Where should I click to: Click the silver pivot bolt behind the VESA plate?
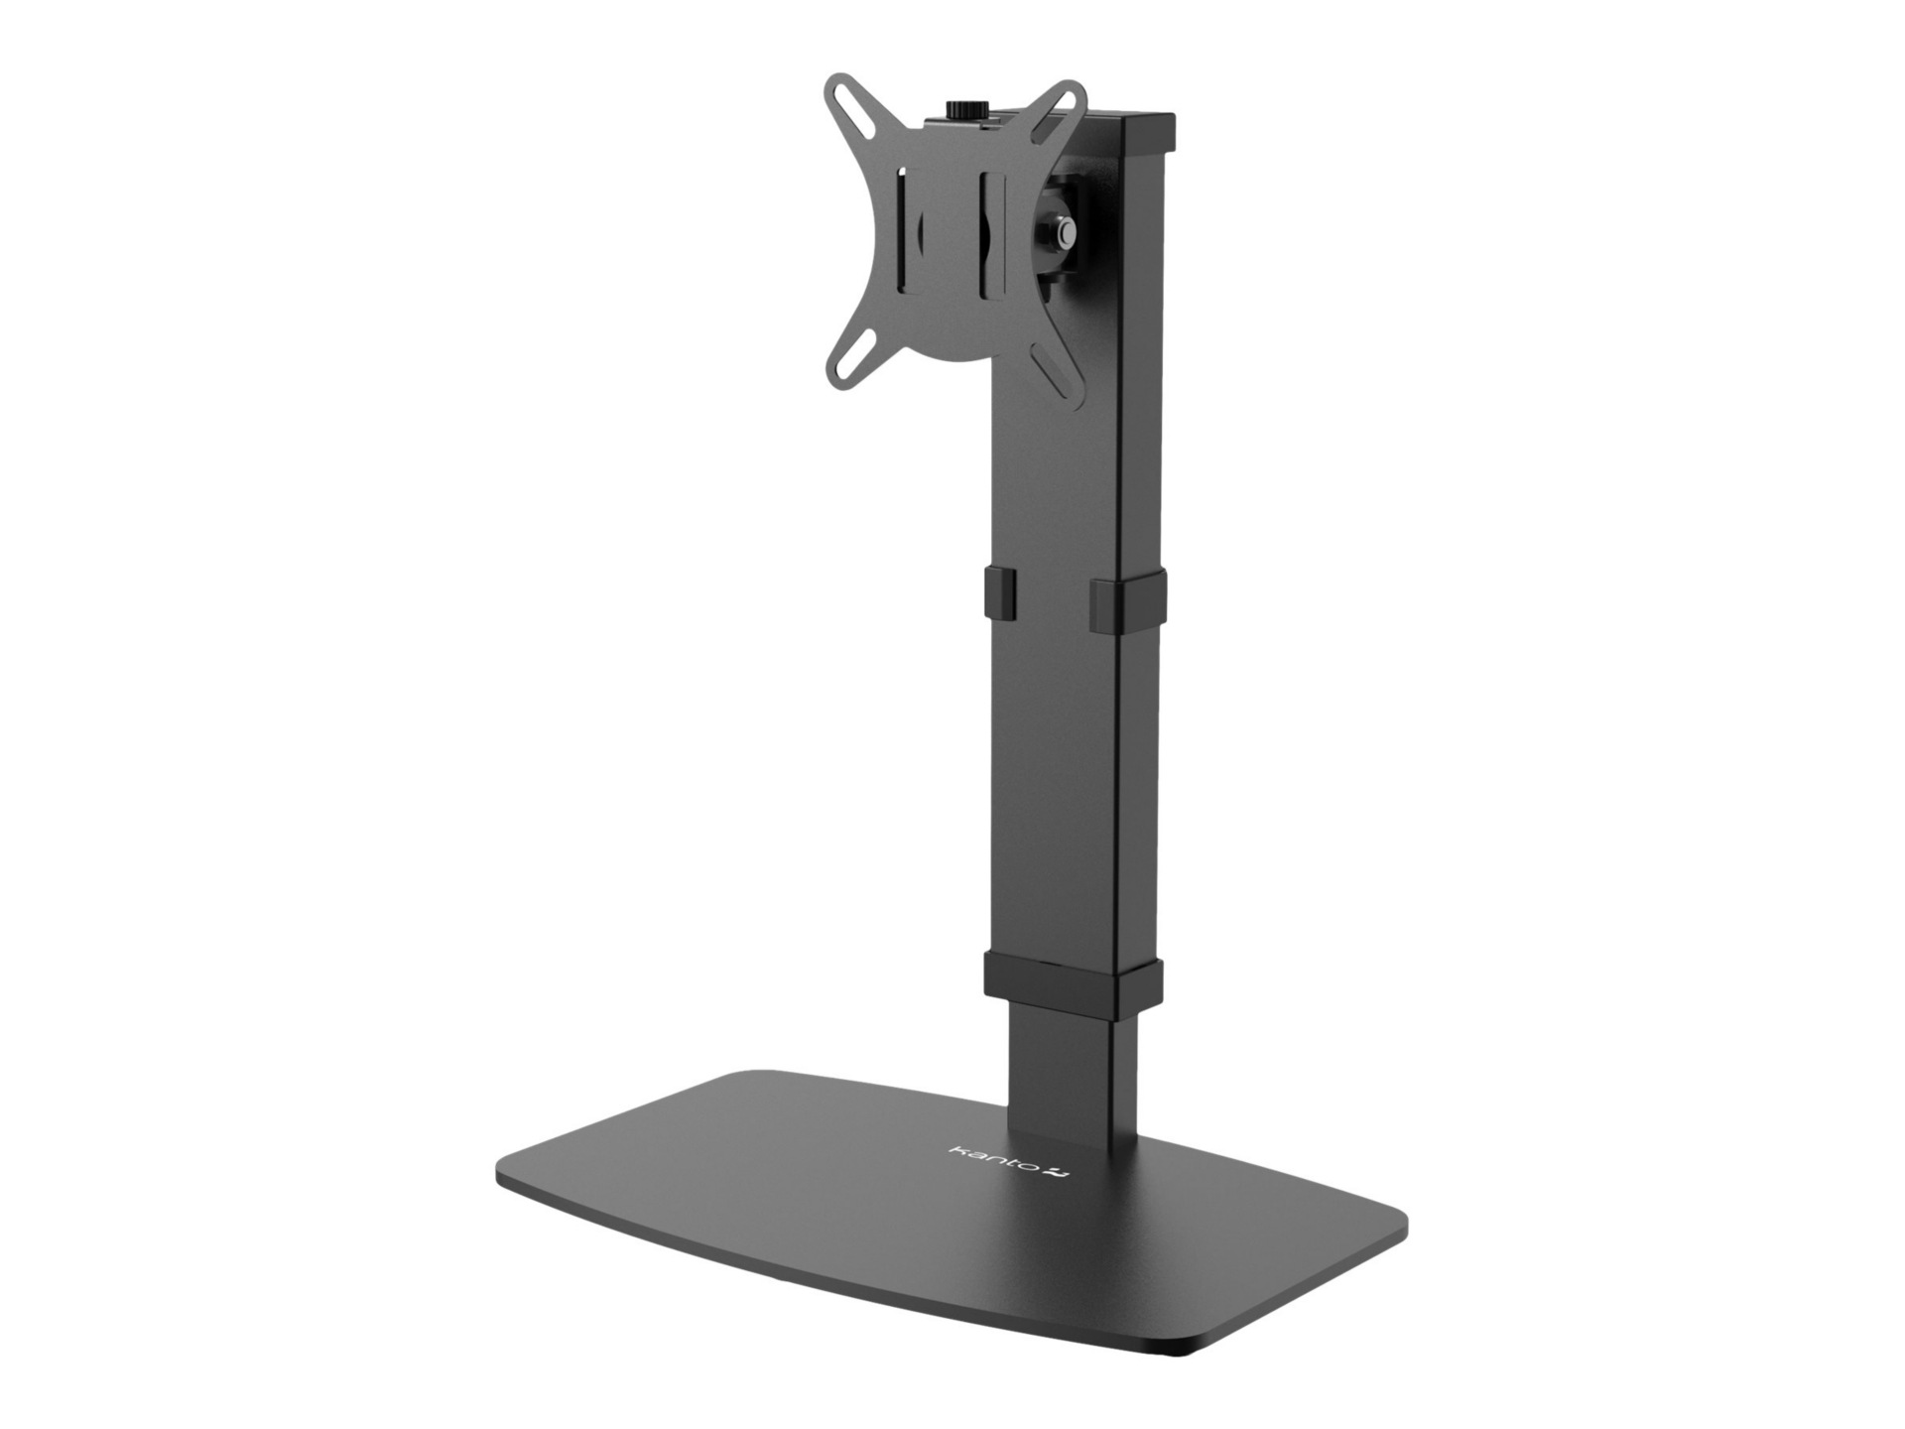[x=1067, y=232]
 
